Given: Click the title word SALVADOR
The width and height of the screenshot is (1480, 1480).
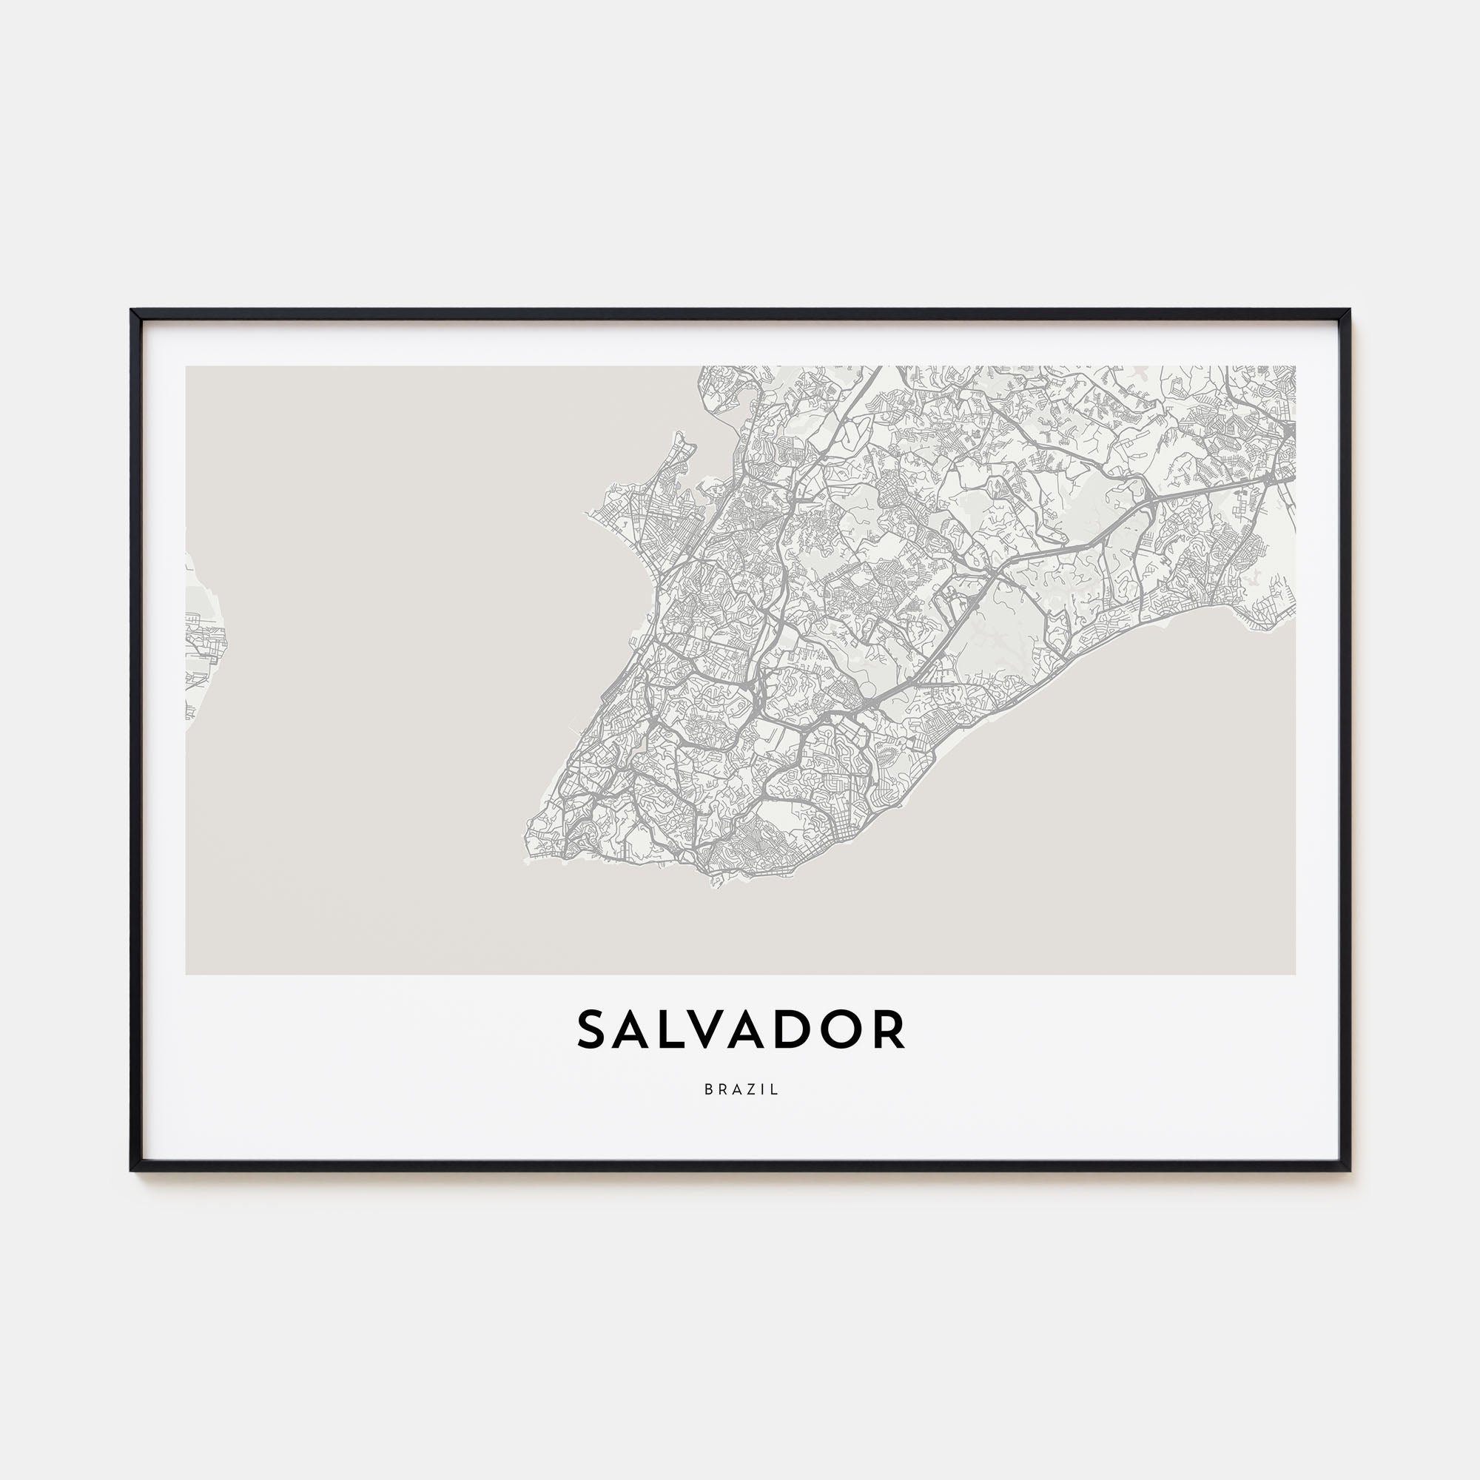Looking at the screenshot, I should (740, 1030).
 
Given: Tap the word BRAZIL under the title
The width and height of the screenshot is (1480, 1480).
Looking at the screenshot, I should (741, 1089).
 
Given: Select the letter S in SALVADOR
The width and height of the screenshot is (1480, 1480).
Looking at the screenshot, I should (593, 1030).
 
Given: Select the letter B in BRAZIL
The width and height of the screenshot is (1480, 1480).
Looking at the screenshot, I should (709, 1089).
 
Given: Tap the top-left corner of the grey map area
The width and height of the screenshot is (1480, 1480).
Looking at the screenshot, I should (186, 367).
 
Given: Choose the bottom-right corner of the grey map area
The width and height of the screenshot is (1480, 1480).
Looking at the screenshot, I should (1294, 974).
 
